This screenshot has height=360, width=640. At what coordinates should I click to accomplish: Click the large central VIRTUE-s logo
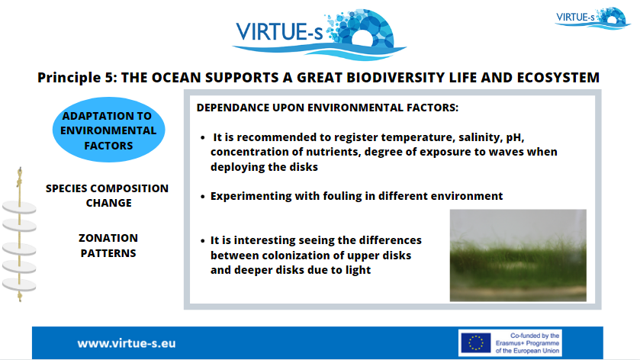tap(319, 34)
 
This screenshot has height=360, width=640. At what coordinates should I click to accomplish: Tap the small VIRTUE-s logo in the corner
tap(593, 18)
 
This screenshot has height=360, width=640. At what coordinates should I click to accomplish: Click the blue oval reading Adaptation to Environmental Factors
tap(108, 130)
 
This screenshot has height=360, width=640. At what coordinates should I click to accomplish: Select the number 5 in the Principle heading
tap(108, 78)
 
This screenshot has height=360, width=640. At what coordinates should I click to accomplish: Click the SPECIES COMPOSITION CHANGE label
tap(108, 195)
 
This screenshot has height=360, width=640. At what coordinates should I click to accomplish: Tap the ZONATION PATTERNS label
tap(108, 246)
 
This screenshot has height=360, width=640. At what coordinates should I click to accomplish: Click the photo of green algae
tap(518, 256)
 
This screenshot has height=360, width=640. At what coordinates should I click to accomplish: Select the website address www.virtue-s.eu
tap(127, 343)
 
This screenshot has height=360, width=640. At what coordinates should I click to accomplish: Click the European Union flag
tap(475, 343)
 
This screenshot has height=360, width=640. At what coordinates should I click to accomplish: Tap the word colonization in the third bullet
tap(295, 256)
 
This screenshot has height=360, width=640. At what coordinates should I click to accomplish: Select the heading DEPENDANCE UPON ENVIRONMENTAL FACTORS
tap(327, 108)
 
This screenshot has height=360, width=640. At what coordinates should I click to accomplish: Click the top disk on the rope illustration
tap(20, 207)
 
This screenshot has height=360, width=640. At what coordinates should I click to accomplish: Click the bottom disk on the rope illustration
tap(19, 284)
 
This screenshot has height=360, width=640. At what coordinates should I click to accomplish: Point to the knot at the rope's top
tap(19, 178)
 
